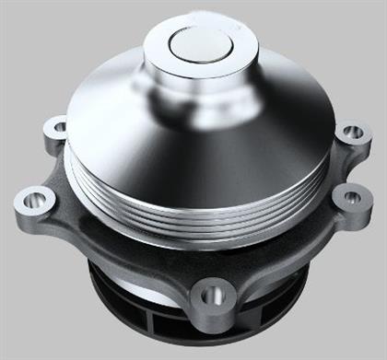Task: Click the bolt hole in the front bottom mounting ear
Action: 213,296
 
